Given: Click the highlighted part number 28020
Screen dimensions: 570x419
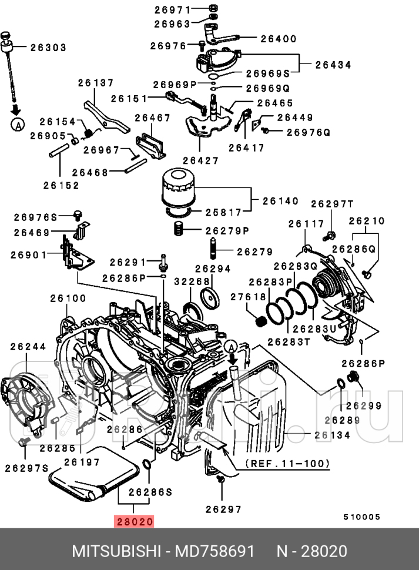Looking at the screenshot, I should (x=135, y=521).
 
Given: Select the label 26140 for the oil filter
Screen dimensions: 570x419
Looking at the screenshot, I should (x=280, y=200).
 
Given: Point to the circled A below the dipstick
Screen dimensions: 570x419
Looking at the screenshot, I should (x=18, y=124).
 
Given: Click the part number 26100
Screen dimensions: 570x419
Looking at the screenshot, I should (x=68, y=299).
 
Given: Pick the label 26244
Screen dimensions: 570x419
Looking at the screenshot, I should (x=27, y=347).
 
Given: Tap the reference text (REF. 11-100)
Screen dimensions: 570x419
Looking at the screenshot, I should (x=286, y=464).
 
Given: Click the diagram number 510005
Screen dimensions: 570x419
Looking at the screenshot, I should (x=362, y=517).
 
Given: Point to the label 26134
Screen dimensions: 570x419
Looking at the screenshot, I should (x=332, y=435).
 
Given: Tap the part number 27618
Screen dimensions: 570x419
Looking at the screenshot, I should (x=248, y=297).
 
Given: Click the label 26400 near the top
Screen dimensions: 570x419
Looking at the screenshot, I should (x=279, y=39).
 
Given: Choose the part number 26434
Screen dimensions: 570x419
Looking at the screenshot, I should (x=334, y=65).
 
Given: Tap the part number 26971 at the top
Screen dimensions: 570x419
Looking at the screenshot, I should (x=173, y=9).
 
